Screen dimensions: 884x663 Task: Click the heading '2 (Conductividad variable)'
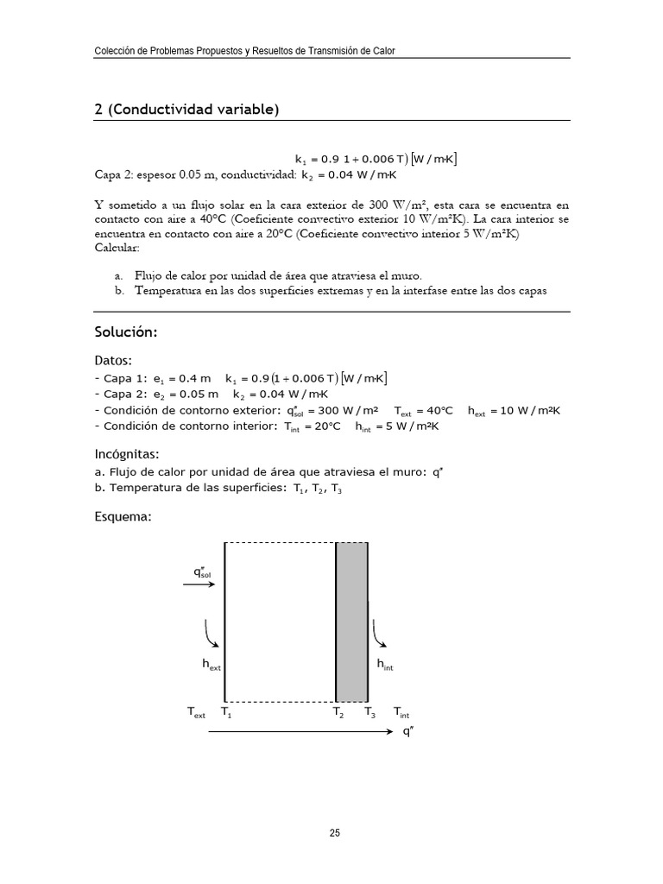click(186, 110)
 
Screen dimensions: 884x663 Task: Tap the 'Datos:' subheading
click(113, 360)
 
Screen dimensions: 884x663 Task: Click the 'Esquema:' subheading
click(123, 517)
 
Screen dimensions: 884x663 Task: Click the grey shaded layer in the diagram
click(352, 622)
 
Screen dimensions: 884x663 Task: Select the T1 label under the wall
click(226, 713)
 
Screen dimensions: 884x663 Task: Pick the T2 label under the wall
click(338, 713)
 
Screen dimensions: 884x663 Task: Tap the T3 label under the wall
click(369, 713)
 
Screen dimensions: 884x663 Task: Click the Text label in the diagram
click(196, 713)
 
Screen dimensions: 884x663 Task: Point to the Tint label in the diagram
click(401, 713)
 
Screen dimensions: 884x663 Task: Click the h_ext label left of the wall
click(211, 665)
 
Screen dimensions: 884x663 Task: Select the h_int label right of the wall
click(385, 665)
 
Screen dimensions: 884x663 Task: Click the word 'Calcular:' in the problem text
click(117, 248)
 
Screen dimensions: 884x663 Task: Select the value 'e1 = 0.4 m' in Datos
click(181, 379)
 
